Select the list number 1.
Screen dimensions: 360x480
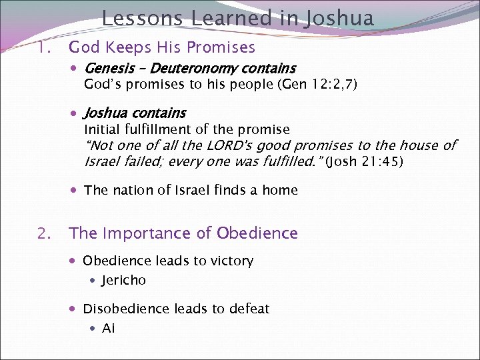43,47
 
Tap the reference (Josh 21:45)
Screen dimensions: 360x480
363,161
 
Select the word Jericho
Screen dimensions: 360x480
123,281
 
